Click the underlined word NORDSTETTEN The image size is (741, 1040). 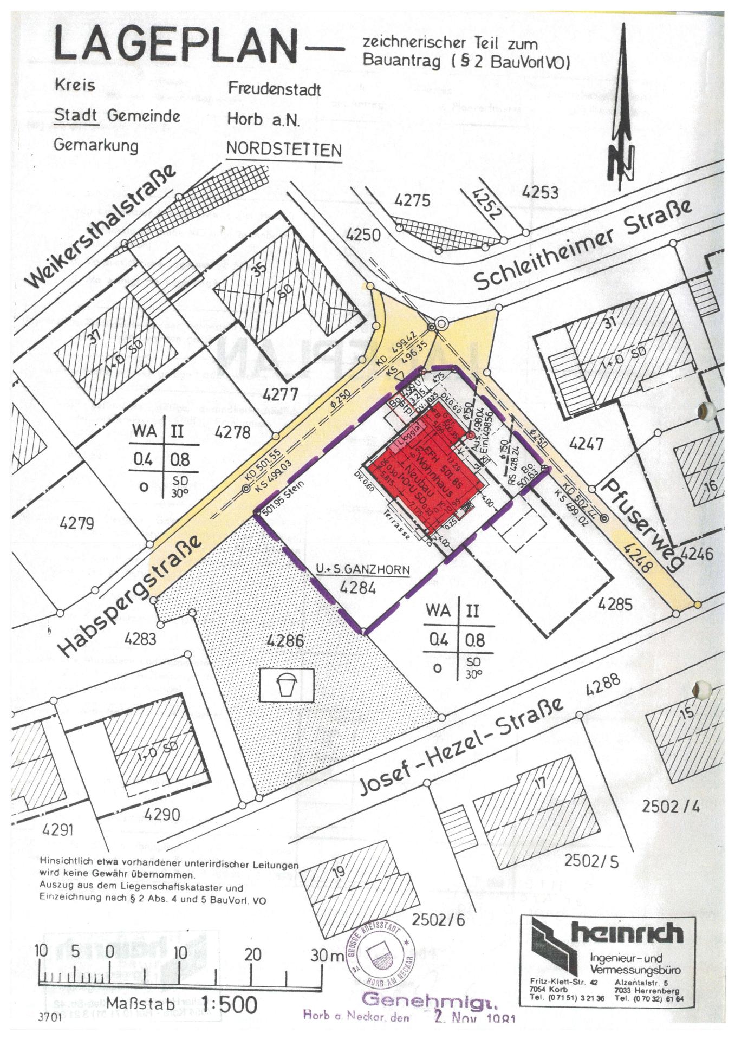click(x=284, y=149)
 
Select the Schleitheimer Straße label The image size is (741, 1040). click(x=583, y=245)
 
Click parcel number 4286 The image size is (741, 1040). click(x=285, y=641)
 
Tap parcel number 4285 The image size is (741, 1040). click(x=615, y=603)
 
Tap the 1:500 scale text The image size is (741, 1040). click(x=229, y=1004)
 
